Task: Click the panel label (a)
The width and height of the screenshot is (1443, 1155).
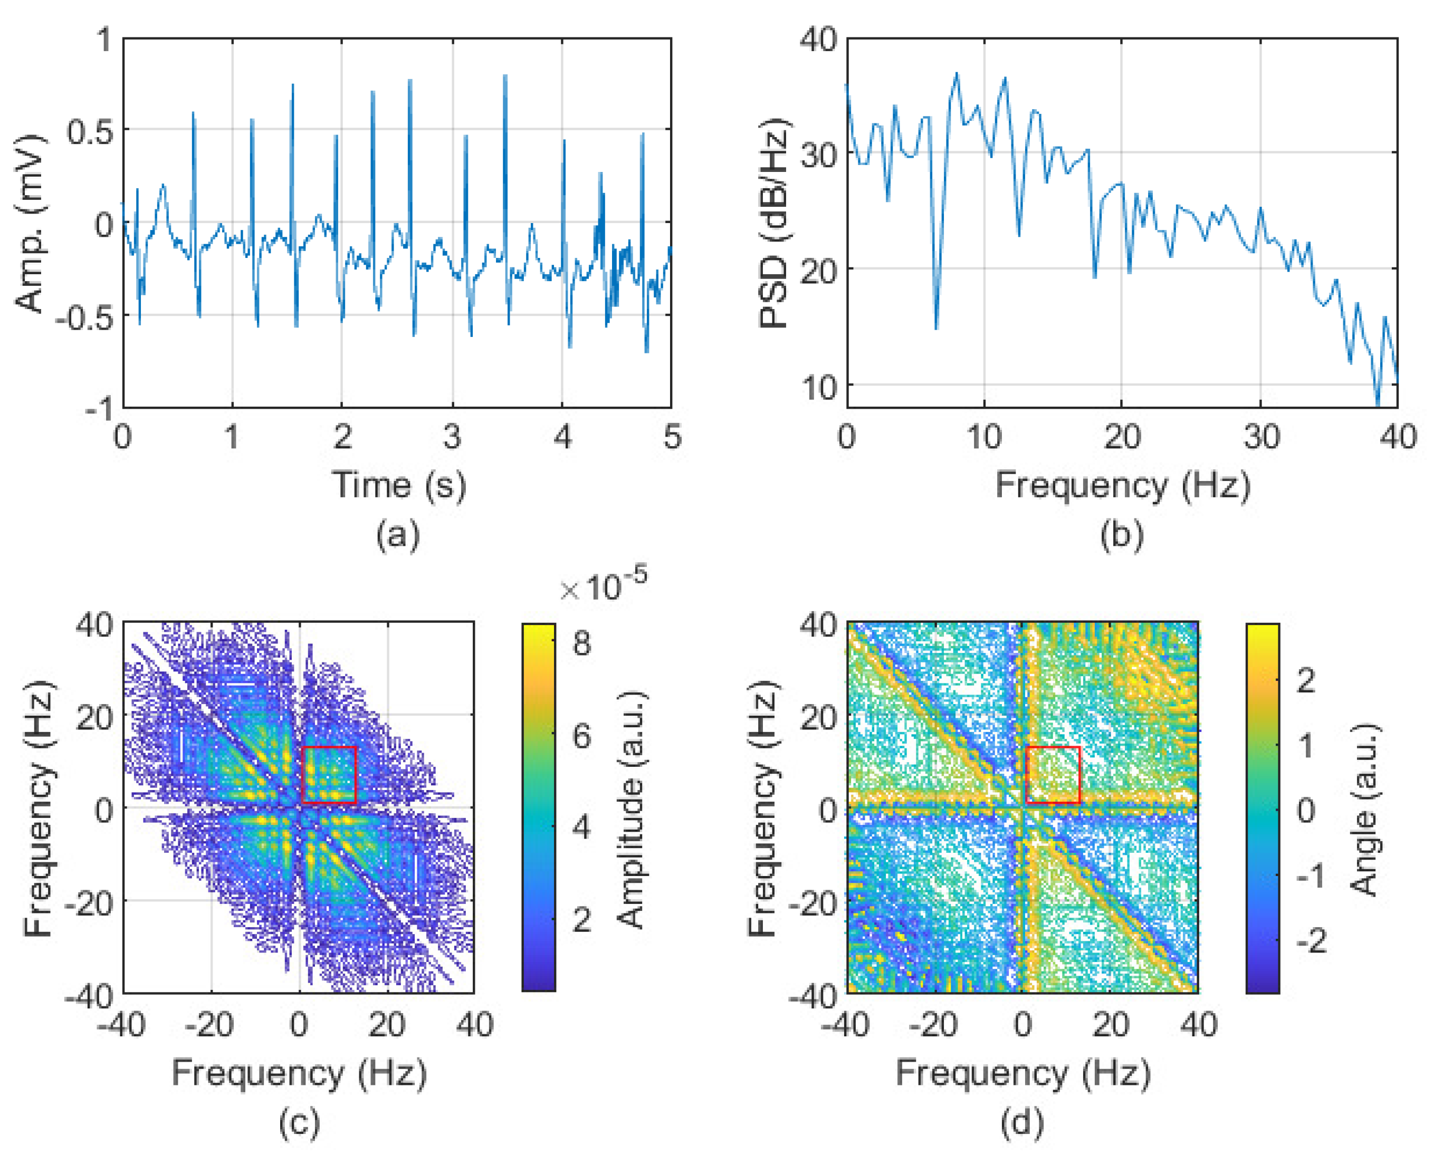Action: point(398,535)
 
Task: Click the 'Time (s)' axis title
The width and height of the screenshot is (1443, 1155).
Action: point(399,485)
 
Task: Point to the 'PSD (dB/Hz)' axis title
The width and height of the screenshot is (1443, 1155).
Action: point(775,224)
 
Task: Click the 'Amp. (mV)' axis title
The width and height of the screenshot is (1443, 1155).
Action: point(30,224)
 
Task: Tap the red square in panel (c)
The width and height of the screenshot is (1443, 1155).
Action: point(329,774)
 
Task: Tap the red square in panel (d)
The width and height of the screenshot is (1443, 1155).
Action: point(1052,774)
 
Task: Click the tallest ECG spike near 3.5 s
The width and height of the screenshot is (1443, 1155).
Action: point(505,76)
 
